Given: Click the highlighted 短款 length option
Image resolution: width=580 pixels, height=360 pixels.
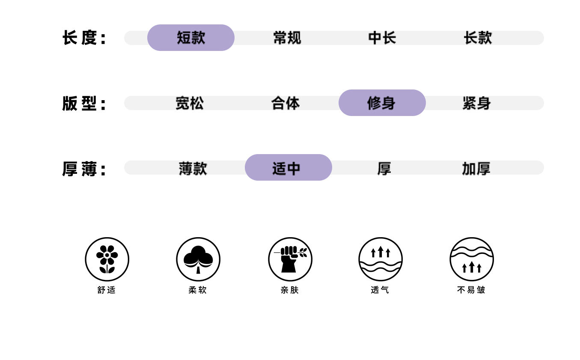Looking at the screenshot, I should click(191, 38).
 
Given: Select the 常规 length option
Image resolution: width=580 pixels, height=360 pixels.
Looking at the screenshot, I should click(287, 38).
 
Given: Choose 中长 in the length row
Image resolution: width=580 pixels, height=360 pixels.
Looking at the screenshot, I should click(382, 38).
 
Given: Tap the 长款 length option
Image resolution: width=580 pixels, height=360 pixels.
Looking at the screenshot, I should click(478, 38).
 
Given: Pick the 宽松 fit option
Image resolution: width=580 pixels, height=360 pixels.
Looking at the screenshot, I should click(190, 103).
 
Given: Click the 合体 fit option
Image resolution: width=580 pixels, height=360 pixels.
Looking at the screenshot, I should click(286, 103).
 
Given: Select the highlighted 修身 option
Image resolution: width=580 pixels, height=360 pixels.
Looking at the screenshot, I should click(382, 103).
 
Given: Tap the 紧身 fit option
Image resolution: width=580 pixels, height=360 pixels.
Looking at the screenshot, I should click(476, 103).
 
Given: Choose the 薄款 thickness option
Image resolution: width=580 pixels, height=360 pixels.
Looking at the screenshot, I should click(193, 168).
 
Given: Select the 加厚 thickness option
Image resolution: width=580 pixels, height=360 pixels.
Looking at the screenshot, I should click(476, 168).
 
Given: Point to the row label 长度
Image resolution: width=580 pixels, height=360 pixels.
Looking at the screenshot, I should click(84, 38).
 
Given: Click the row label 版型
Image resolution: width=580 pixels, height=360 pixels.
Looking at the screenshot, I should click(84, 104).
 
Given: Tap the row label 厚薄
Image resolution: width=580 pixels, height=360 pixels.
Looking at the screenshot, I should click(84, 169).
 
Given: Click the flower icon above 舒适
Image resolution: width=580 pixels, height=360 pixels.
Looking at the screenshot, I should click(107, 259).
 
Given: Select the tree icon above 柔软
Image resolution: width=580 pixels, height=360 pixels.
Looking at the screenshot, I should click(198, 259).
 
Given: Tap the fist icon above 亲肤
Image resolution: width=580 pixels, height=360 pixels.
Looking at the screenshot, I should click(290, 259).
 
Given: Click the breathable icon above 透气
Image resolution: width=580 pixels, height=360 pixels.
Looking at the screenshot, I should click(381, 259).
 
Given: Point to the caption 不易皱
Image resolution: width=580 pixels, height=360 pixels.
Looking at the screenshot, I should click(471, 290).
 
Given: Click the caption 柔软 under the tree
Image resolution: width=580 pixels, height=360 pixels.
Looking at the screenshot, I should click(198, 290).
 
